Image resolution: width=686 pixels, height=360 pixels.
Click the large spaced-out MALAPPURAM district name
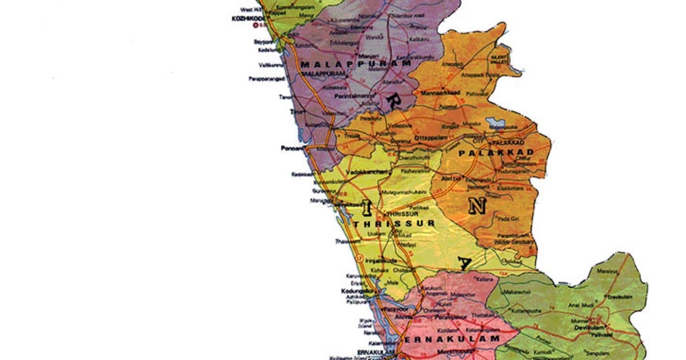(356, 64)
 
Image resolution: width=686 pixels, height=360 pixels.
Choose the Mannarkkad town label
(440, 92)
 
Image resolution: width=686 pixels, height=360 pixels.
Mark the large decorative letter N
(477, 206)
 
